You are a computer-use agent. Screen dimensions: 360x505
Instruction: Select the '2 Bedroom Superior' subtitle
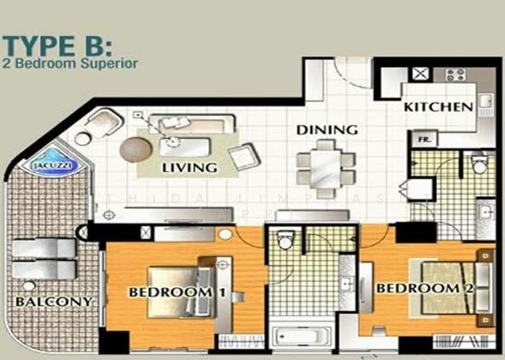point(71,63)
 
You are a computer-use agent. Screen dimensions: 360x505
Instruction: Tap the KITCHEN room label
point(439,107)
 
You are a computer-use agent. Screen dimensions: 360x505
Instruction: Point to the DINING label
point(327,130)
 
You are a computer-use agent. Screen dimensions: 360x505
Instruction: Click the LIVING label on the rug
point(189,168)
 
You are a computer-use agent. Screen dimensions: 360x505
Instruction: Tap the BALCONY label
point(54,301)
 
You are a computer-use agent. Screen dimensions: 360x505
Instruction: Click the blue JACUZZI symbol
point(53,160)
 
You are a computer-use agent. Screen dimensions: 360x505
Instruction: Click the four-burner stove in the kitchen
point(454,75)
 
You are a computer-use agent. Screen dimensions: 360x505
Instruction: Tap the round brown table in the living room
point(136,149)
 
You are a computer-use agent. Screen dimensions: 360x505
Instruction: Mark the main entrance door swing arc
point(350,75)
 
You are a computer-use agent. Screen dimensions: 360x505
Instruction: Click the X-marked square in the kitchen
point(420,74)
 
